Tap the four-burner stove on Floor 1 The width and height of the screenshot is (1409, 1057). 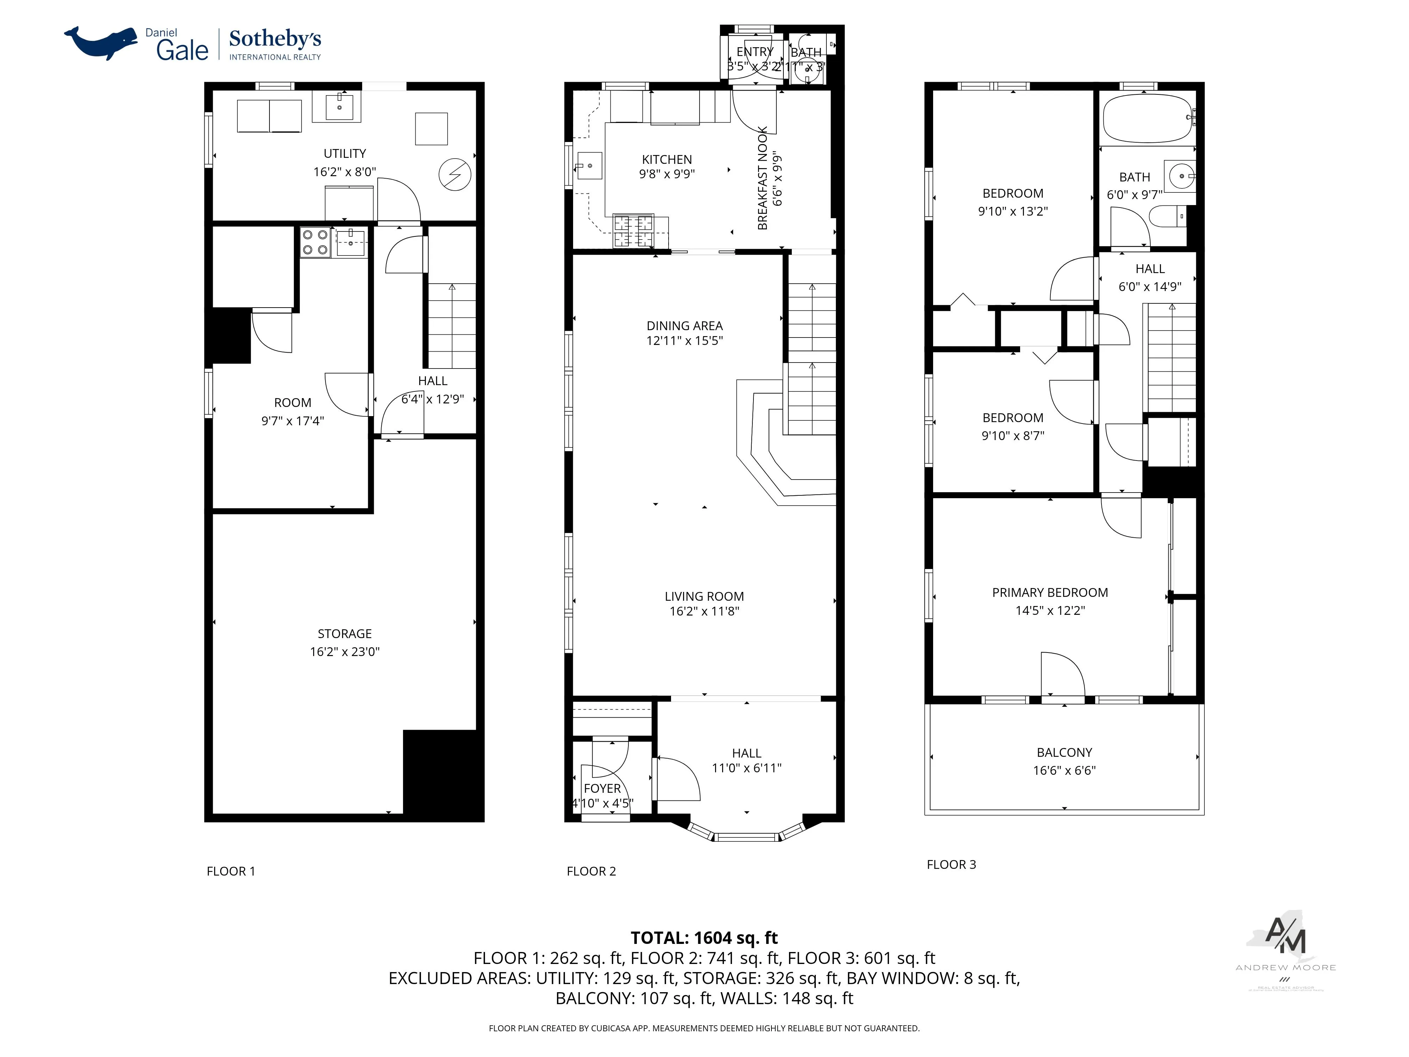tap(315, 242)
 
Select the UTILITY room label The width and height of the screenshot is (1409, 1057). tap(345, 154)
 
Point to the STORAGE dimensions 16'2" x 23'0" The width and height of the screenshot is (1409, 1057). tap(345, 651)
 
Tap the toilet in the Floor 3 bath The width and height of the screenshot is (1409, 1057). tap(1168, 217)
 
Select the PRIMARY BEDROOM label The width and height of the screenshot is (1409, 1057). tap(1050, 593)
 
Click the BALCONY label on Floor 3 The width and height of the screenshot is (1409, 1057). tap(1064, 753)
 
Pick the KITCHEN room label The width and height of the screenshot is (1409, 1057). tap(666, 159)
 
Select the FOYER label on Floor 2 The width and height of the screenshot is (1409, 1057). tap(602, 788)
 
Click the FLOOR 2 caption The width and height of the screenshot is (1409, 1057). tap(591, 871)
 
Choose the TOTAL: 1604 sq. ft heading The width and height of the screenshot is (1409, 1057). tap(704, 938)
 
